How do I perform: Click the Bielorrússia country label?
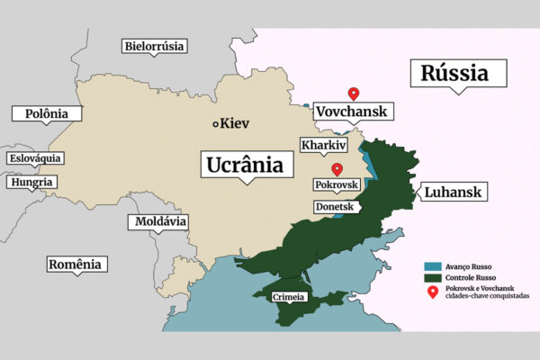pos(154,46)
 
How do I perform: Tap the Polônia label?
pos(46,113)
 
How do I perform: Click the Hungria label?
pos(31,183)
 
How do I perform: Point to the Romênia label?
pos(76,264)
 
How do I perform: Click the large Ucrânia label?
pos(245,166)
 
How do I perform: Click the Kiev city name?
pos(235,123)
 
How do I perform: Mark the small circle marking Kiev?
pos(215,123)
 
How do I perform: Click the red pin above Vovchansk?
pos(354,93)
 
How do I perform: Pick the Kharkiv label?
pos(324,145)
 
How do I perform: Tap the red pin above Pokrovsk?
pos(337,168)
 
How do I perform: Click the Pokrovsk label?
pos(336,184)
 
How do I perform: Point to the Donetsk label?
pos(336,207)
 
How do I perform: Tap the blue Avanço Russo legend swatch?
pos(432,267)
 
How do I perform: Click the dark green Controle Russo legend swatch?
pos(432,280)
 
